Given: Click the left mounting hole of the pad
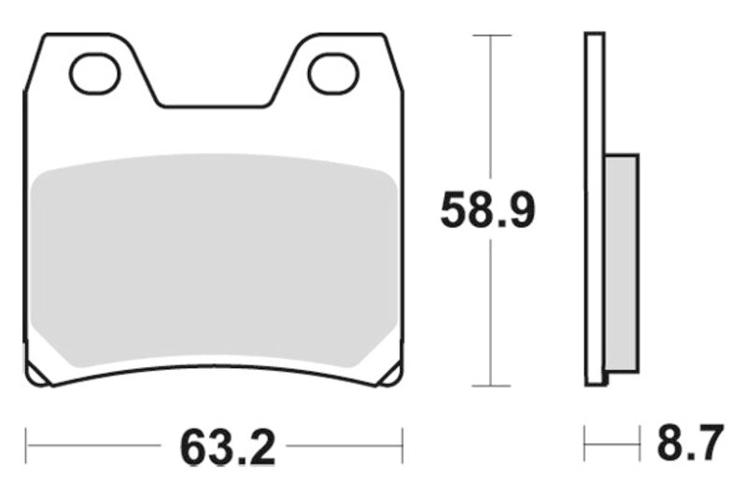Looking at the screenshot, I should click(x=95, y=75).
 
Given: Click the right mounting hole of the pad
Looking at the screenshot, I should click(x=333, y=75).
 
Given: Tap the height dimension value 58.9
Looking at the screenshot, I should click(x=487, y=211).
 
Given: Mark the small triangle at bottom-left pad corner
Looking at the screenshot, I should click(x=37, y=375).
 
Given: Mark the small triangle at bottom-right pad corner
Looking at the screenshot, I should click(x=391, y=375).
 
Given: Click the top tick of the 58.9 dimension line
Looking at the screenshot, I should click(x=491, y=36).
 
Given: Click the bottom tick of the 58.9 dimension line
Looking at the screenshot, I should click(x=491, y=385).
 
